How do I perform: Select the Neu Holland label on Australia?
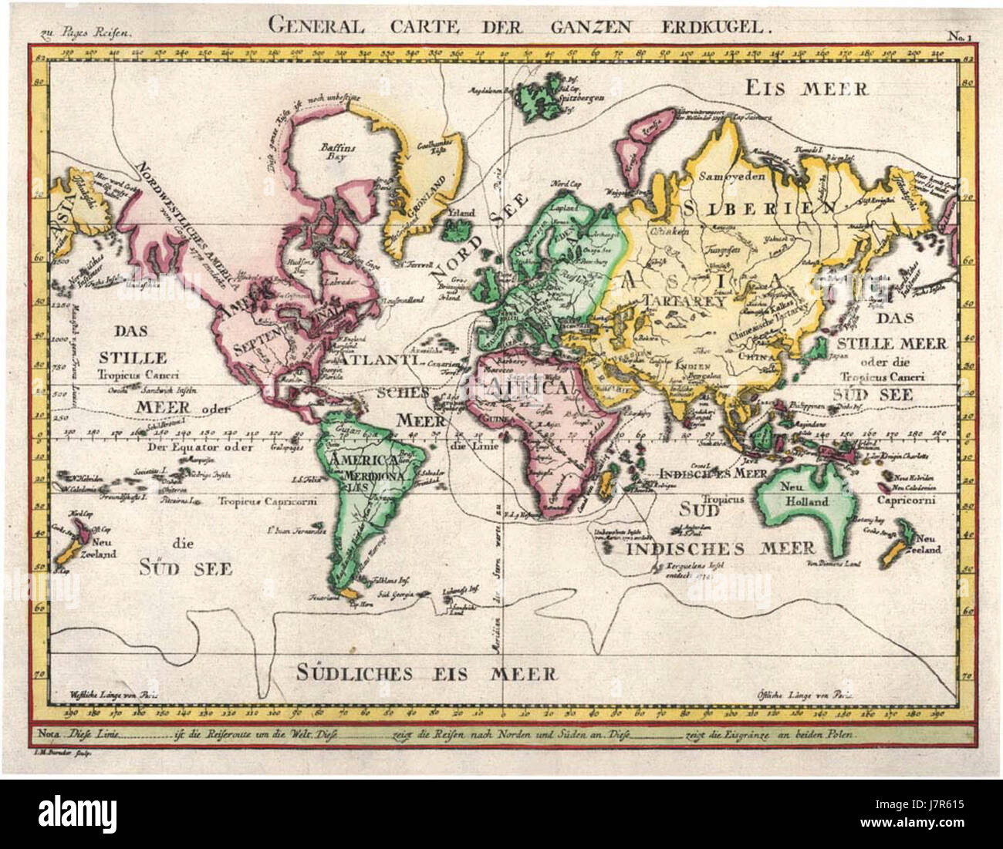[x=807, y=494]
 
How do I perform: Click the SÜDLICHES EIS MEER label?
[x=427, y=672]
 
